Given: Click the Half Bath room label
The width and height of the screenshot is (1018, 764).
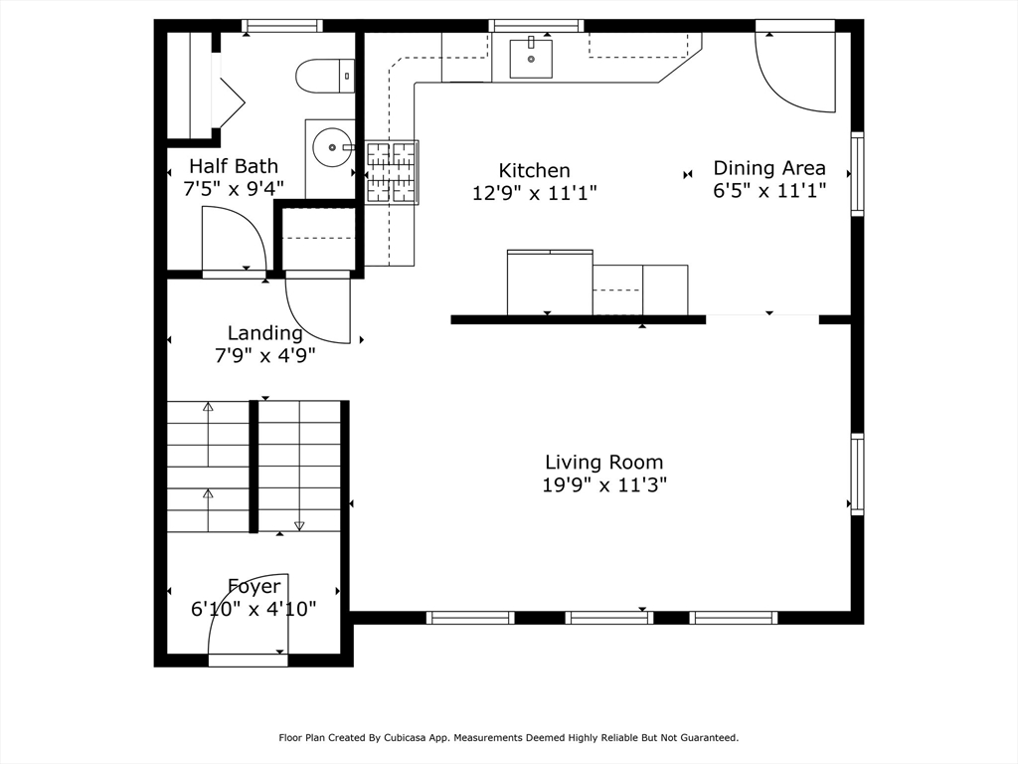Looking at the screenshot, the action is [234, 166].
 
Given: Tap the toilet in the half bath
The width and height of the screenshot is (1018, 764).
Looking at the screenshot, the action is [325, 76].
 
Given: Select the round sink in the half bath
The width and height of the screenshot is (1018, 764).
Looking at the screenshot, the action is [332, 147].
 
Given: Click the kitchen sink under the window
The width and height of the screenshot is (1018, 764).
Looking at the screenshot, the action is [531, 59].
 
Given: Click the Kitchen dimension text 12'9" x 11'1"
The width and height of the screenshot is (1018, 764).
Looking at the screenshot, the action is [534, 193].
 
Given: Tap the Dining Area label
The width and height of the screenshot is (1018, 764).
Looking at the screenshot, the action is [769, 167].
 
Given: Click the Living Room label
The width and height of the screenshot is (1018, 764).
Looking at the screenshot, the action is [603, 462].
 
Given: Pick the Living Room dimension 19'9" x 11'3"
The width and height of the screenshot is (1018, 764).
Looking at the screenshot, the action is [604, 484].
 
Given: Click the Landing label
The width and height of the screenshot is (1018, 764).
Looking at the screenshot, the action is [264, 333].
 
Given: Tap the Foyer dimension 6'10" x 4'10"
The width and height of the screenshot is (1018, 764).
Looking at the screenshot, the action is [254, 609].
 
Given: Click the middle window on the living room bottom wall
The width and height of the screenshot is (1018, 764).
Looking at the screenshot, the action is [609, 617].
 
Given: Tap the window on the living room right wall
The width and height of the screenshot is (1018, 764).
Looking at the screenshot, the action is [857, 475].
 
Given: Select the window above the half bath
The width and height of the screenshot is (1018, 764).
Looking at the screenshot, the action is [282, 25].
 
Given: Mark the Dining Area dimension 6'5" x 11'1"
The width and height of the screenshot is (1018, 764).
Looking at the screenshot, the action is [769, 190].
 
